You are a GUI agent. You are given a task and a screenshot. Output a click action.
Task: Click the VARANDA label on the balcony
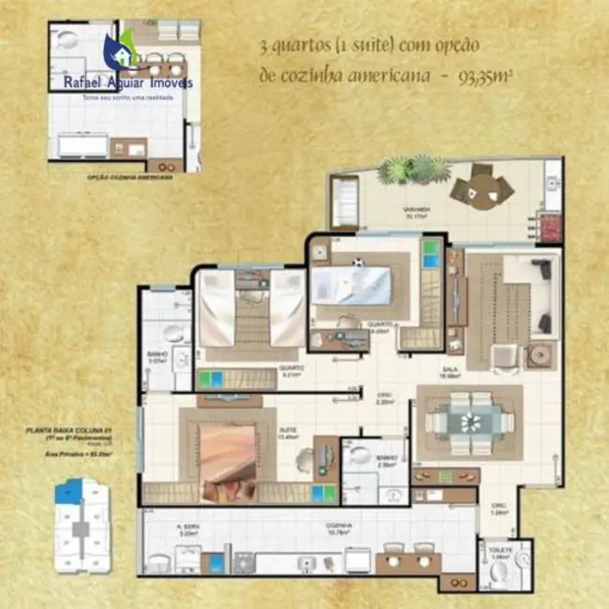click(x=418, y=209)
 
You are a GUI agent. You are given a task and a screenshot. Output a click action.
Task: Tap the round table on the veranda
click(x=482, y=188)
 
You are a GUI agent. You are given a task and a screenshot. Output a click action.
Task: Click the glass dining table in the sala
click(x=469, y=422)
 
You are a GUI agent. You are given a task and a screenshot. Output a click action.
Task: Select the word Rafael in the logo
click(x=85, y=82)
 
